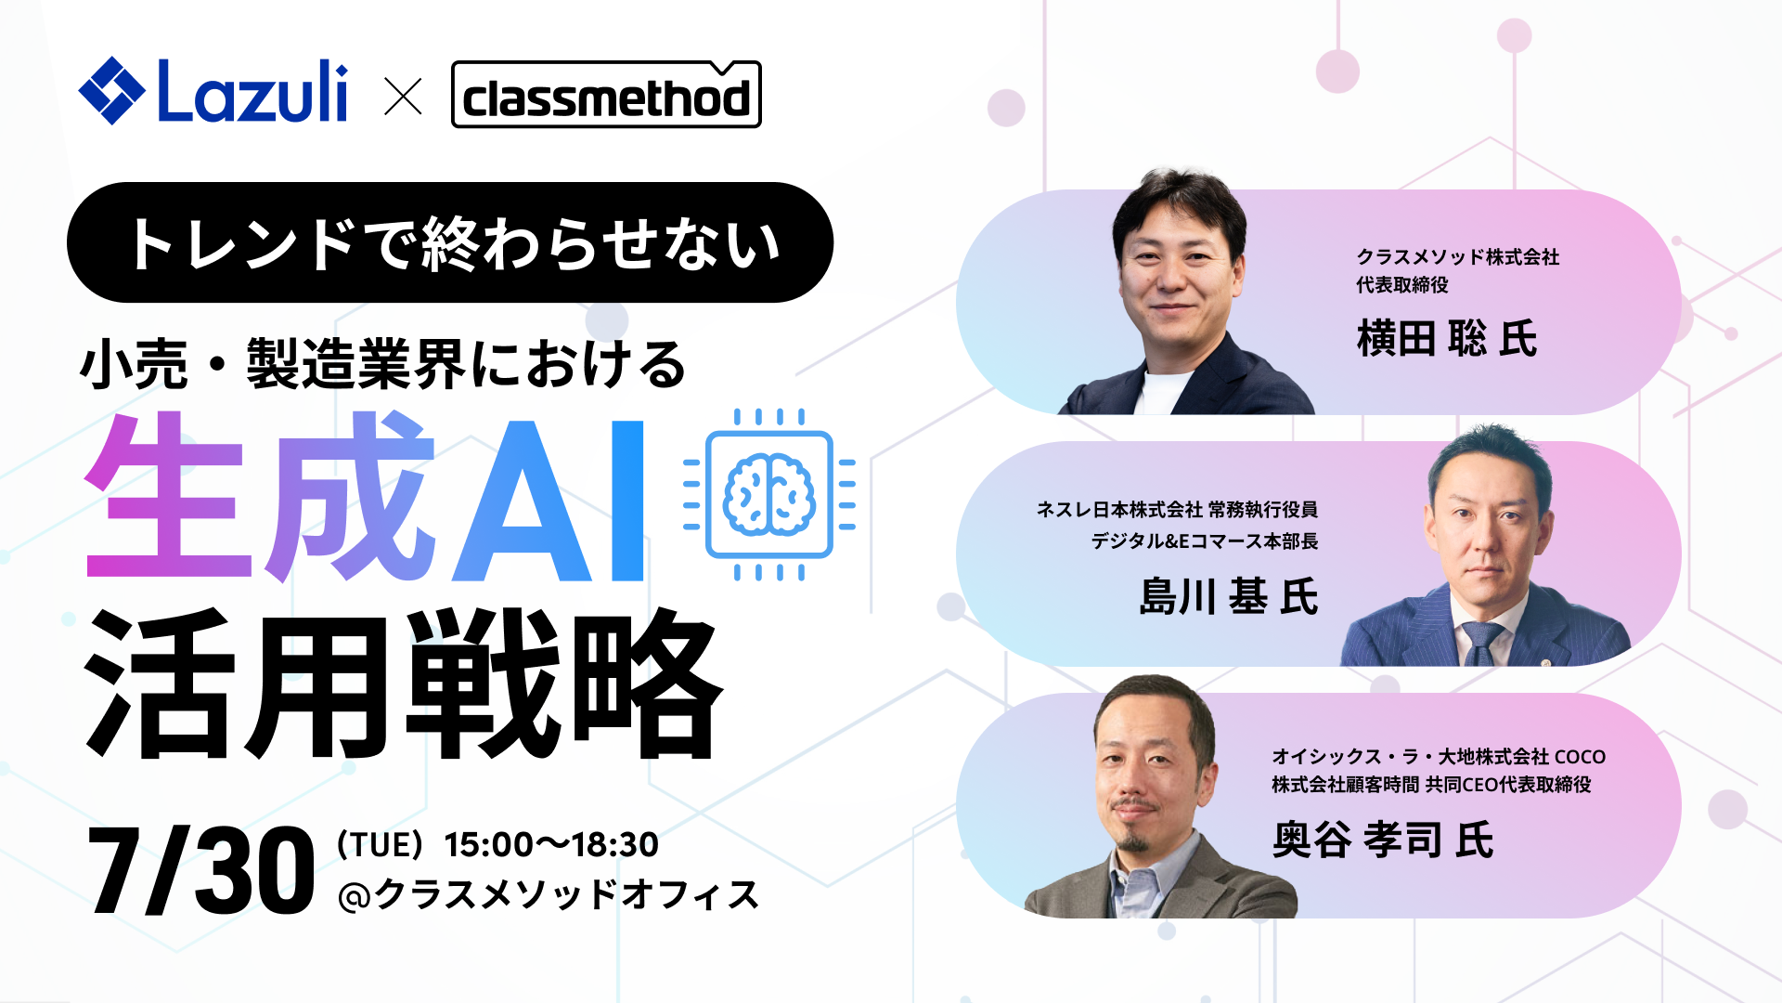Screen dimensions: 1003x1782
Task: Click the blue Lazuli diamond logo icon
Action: click(x=111, y=91)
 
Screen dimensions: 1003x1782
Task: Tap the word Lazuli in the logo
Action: click(x=252, y=91)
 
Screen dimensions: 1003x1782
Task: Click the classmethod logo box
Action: click(x=605, y=95)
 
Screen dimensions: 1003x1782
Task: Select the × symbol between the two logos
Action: click(x=403, y=97)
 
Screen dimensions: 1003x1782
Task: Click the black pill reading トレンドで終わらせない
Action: click(x=450, y=243)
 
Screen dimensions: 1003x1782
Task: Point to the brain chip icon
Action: click(x=768, y=494)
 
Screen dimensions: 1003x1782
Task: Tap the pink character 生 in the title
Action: click(x=167, y=497)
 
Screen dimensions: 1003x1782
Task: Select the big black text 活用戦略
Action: click(x=404, y=685)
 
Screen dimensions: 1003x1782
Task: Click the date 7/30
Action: click(x=200, y=871)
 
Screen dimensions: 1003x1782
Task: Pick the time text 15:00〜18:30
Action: click(x=551, y=844)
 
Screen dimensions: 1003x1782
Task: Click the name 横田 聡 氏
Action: click(x=1446, y=338)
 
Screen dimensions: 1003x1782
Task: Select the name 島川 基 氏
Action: click(x=1228, y=596)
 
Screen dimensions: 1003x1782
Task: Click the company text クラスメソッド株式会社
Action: click(x=1457, y=257)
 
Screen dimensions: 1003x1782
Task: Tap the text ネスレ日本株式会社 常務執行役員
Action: click(x=1177, y=509)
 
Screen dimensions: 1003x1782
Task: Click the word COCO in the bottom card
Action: click(x=1580, y=757)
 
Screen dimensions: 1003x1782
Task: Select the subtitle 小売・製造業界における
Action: click(x=382, y=364)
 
